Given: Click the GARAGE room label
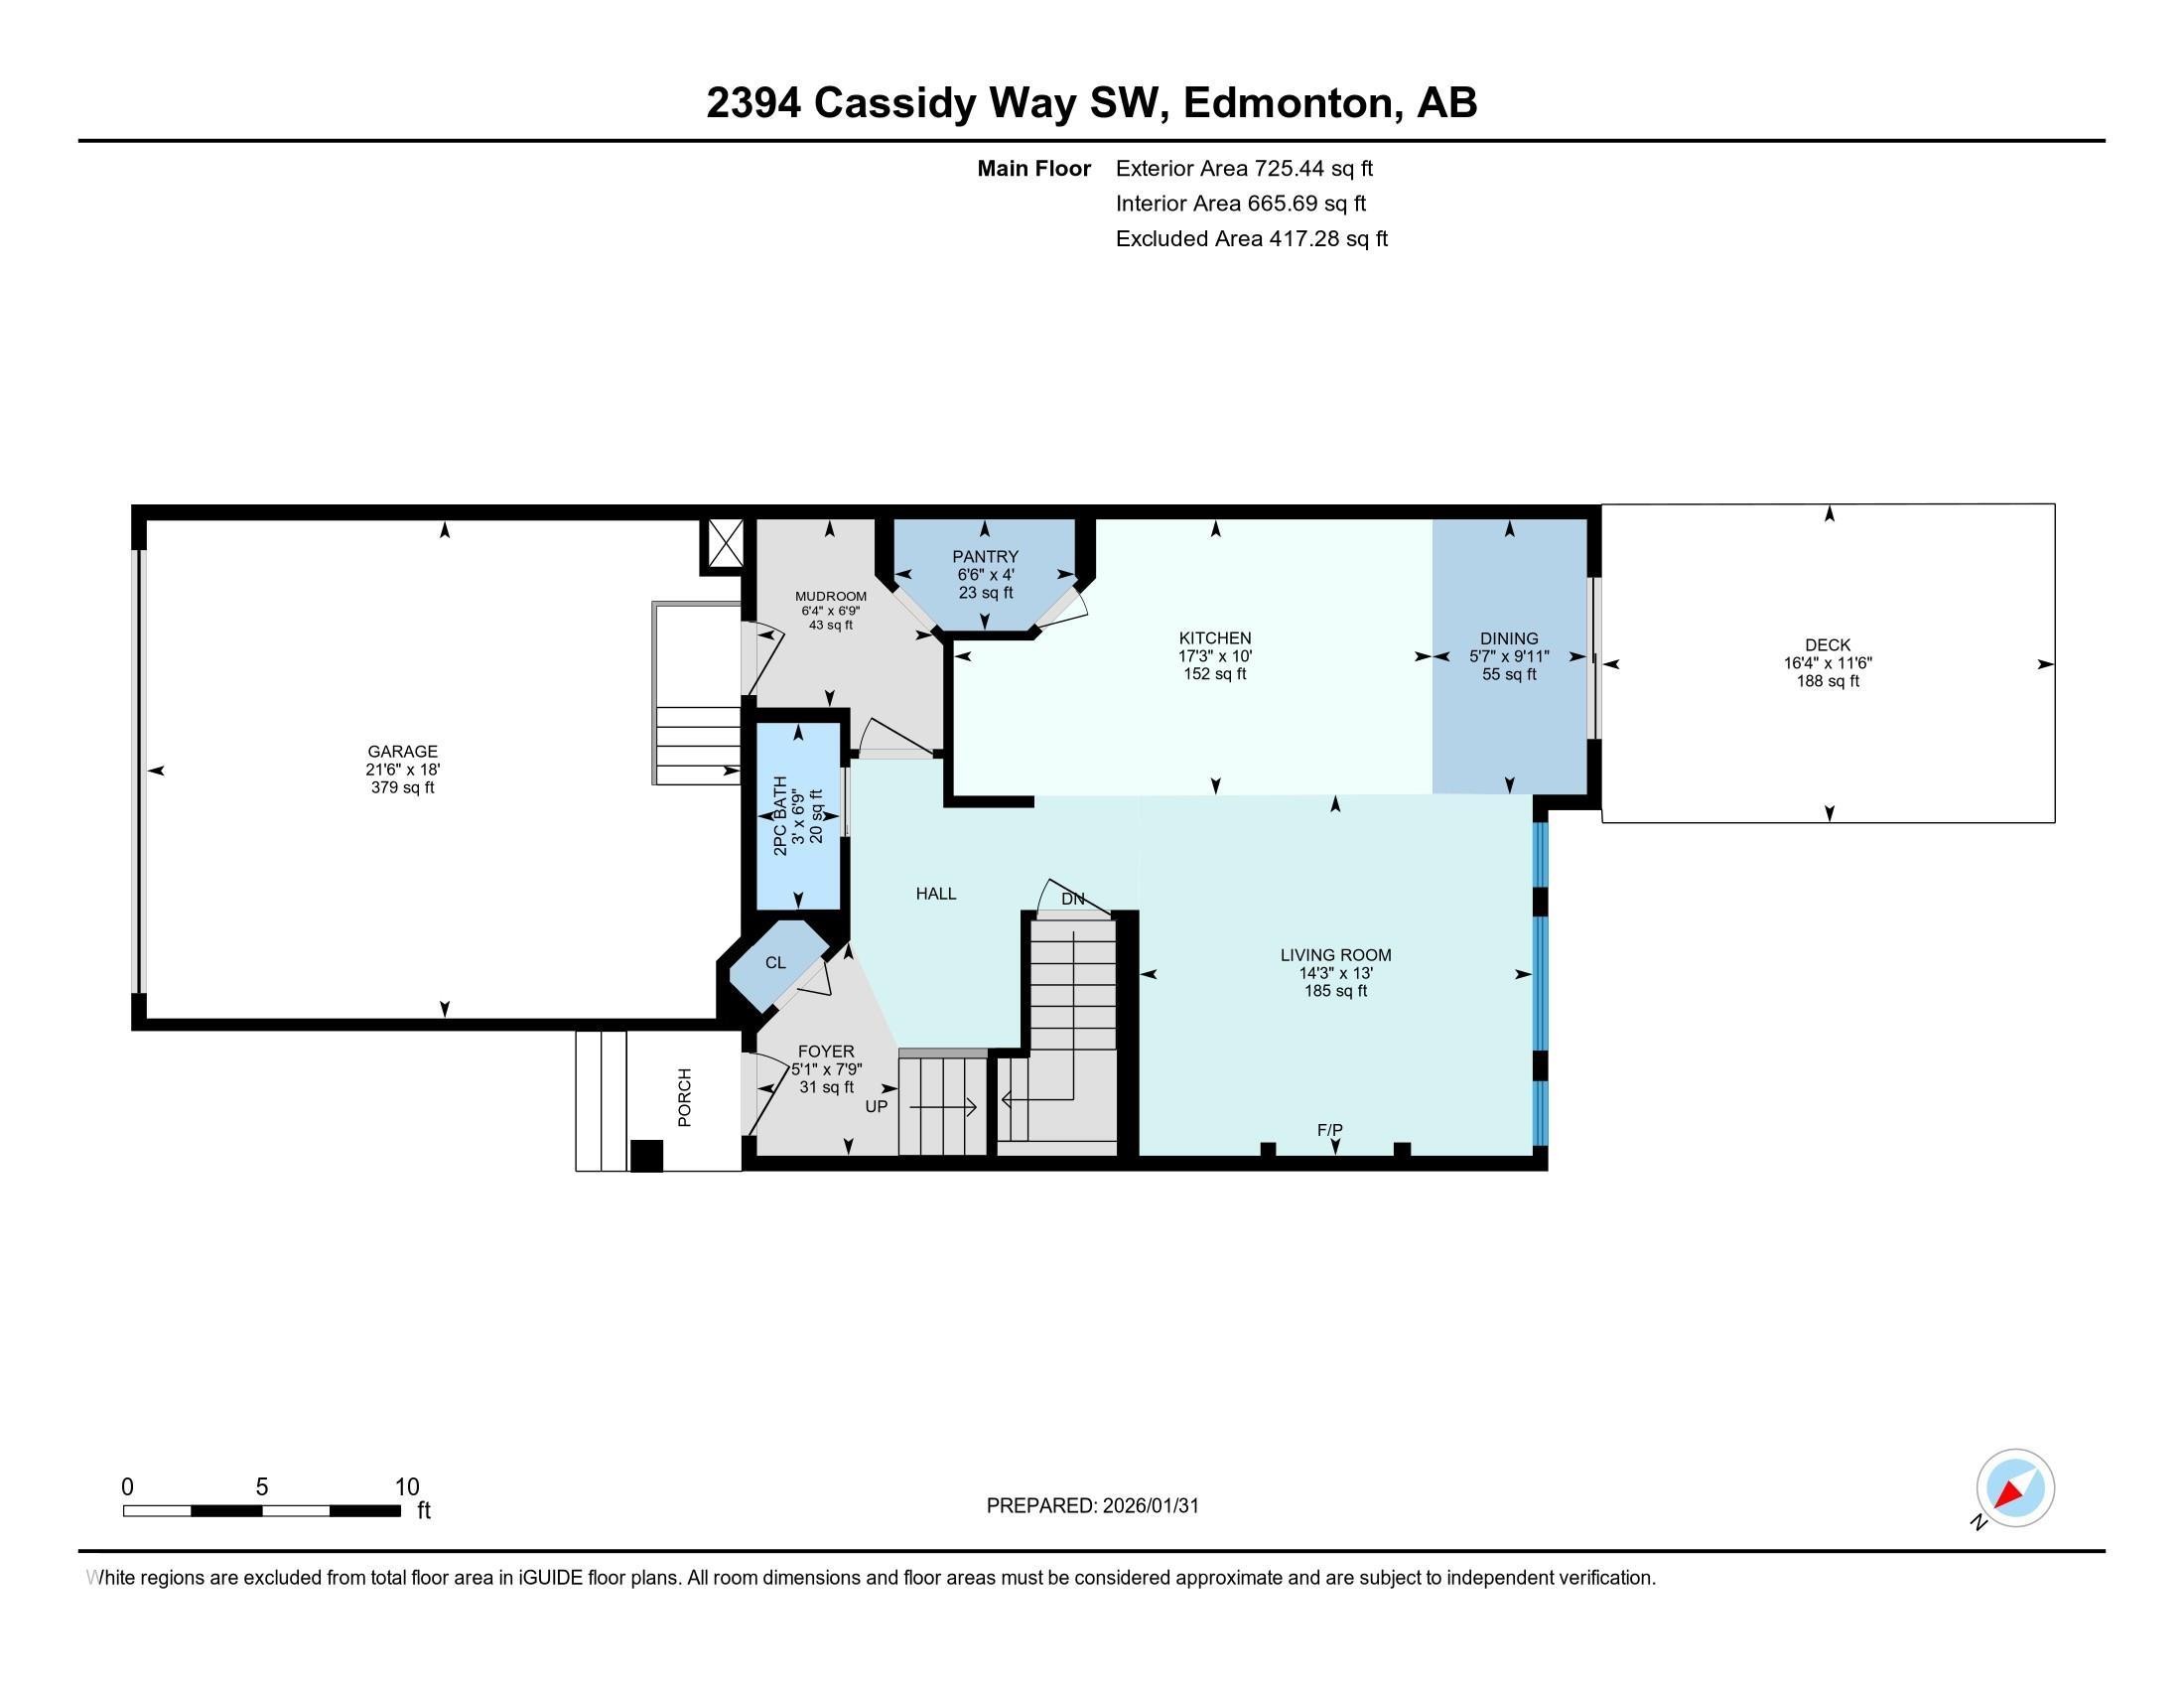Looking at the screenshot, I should [402, 751].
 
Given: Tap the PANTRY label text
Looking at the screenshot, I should [985, 557].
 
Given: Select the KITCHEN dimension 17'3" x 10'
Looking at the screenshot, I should [1215, 657].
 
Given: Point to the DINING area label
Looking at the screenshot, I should [1509, 639].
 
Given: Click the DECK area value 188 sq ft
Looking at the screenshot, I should [1828, 682].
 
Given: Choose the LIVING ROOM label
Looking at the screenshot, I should [1335, 955].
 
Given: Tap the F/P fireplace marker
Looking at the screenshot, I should [1329, 1130].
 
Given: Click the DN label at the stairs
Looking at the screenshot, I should [1072, 899].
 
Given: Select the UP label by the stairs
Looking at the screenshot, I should [876, 1107].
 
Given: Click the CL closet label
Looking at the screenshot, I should [775, 963].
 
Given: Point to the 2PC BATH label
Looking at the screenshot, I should [781, 815].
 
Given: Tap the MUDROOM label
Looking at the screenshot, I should [830, 596].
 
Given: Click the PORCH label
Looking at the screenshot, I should [685, 1098].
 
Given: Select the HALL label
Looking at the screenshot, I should [936, 894].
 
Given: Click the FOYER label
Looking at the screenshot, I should [826, 1051].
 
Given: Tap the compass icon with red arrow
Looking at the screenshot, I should [2014, 1488].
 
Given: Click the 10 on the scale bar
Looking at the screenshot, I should [407, 1487].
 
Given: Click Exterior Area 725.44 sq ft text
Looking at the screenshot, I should [1244, 169].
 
